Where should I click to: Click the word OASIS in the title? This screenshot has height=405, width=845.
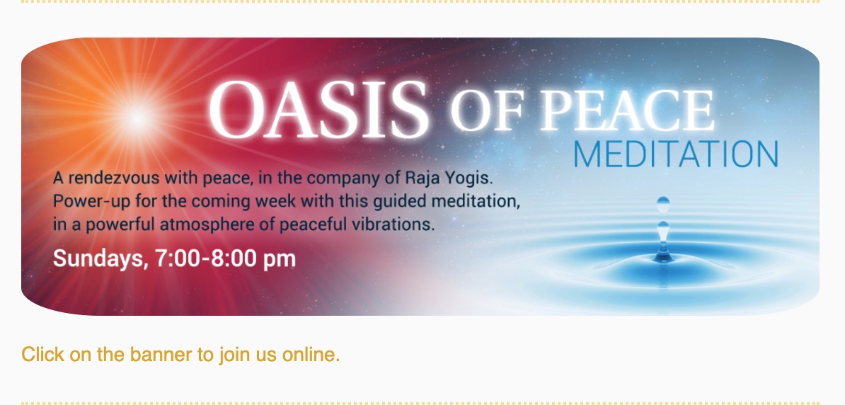319,110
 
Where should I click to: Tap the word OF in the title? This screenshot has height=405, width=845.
487,111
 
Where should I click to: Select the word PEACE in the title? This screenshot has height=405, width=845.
627,110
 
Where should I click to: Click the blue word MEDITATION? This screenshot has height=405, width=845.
676,154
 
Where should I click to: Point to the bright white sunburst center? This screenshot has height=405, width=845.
137,118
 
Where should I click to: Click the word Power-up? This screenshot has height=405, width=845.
91,202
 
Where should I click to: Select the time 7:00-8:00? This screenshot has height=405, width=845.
206,258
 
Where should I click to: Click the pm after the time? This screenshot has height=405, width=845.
279,261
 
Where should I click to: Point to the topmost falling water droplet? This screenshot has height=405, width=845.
663,205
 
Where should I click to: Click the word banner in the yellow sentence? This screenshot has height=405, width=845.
161,355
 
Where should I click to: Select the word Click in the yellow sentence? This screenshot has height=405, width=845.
42,355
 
